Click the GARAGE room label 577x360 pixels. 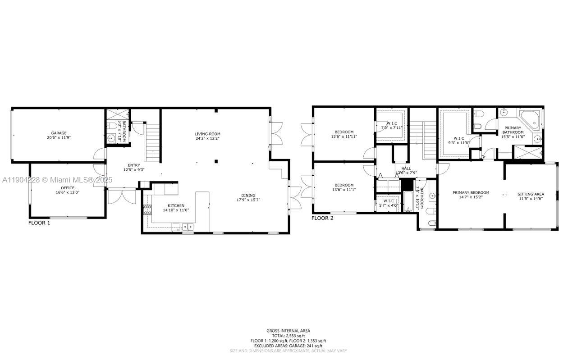pos(59,133)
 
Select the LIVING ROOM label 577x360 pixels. pos(207,134)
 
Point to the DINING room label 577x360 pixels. pos(248,195)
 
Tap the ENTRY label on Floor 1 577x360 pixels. pos(134,165)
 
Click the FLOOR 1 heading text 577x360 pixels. pos(39,223)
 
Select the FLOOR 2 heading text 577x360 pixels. pos(322,218)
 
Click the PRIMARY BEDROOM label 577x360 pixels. pos(471,192)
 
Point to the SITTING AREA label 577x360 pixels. pos(531,194)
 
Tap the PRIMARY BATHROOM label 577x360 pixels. pos(513,130)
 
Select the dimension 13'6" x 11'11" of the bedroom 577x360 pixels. pos(344,136)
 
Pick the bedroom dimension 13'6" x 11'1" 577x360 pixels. pos(344,189)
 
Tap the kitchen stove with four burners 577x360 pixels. pos(147,209)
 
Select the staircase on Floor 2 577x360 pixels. pos(430,140)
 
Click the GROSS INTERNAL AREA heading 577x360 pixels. pos(288,331)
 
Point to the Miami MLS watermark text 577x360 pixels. pos(57,180)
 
